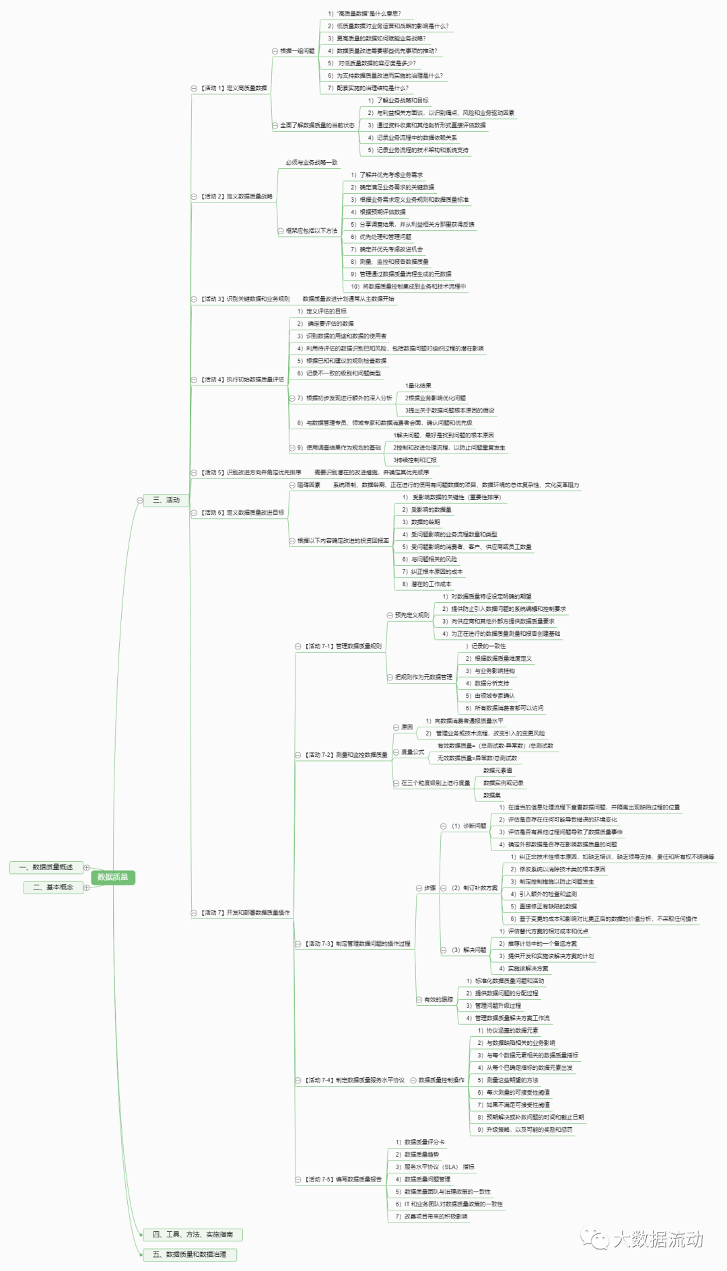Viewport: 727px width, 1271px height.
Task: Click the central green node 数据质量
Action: tap(112, 877)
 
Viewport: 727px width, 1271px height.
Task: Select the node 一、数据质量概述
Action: tap(46, 867)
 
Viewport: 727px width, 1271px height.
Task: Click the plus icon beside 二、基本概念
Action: tap(86, 888)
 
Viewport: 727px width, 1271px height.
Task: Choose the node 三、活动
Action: tap(166, 500)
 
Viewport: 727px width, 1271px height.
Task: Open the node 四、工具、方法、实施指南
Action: tap(193, 1234)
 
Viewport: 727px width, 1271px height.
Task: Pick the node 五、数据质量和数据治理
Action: tap(189, 1254)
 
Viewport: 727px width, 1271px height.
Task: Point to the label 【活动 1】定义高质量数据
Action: tap(234, 88)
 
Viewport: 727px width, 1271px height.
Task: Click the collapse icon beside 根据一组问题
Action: tap(275, 51)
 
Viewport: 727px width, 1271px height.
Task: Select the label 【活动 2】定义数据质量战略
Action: tap(236, 196)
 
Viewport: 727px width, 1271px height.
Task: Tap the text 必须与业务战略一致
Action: tap(311, 162)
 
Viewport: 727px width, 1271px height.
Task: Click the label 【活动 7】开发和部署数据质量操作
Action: tap(245, 912)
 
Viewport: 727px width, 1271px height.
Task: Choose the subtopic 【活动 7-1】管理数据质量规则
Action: tap(343, 646)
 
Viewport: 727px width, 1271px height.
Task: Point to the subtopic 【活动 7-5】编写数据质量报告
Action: tap(343, 1179)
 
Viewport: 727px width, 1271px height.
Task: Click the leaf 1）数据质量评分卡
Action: tap(420, 1142)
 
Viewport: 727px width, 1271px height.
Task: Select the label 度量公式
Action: tap(413, 752)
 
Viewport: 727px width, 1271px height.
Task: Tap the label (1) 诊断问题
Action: tap(469, 826)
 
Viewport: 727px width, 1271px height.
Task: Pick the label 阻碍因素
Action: tap(309, 484)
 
